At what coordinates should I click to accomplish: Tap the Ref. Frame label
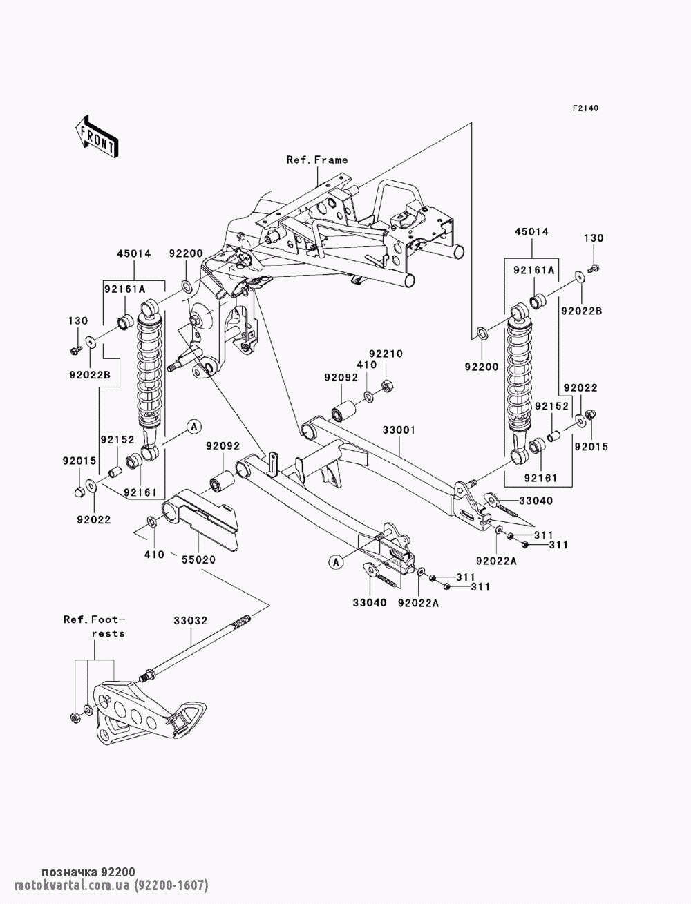click(x=317, y=160)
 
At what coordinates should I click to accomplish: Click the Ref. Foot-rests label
click(x=95, y=626)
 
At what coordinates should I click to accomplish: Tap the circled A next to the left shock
click(x=193, y=427)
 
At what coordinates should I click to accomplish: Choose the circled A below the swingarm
click(x=337, y=562)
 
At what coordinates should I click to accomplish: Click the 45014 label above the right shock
click(x=532, y=233)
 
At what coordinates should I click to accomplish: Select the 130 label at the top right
click(x=594, y=238)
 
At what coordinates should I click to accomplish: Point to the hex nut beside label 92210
click(x=388, y=384)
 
